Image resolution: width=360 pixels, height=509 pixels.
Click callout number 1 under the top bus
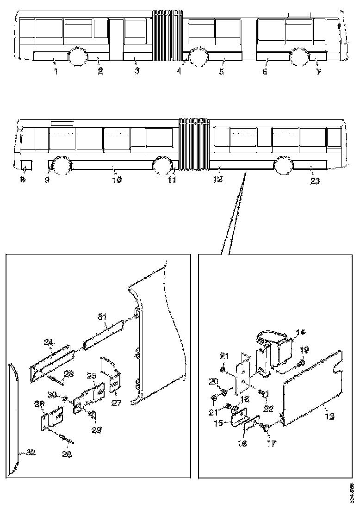pyautogui.click(x=56, y=71)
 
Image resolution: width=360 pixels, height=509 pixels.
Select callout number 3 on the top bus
pyautogui.click(x=137, y=71)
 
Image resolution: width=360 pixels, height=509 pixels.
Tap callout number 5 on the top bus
pyautogui.click(x=221, y=72)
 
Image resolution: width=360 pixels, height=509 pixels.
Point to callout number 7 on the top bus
pyautogui.click(x=319, y=72)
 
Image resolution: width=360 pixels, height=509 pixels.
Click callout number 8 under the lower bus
pyautogui.click(x=23, y=180)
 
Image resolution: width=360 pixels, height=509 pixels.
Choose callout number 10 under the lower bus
pyautogui.click(x=117, y=180)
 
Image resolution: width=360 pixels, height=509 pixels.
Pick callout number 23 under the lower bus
pyautogui.click(x=315, y=180)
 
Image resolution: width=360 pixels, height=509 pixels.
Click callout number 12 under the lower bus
pyautogui.click(x=217, y=180)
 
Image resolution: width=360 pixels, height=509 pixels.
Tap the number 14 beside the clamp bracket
pyautogui.click(x=301, y=332)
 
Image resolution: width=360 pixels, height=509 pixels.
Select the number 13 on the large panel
pyautogui.click(x=329, y=416)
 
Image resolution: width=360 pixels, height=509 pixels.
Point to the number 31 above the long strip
pyautogui.click(x=102, y=317)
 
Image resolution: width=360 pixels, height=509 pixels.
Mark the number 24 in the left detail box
pyautogui.click(x=49, y=343)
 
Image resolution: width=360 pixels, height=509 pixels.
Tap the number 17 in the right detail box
pyautogui.click(x=272, y=443)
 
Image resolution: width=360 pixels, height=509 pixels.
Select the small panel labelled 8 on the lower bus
pyautogui.click(x=26, y=164)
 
